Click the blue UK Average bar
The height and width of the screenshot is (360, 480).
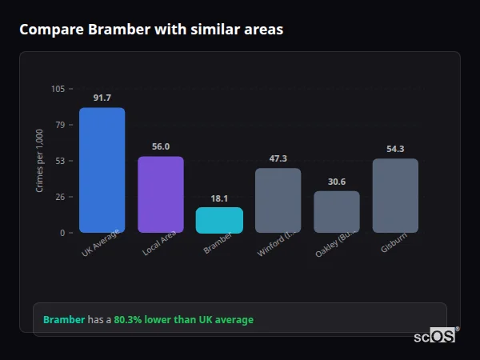tap(102, 170)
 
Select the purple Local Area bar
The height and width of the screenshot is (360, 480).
tap(161, 194)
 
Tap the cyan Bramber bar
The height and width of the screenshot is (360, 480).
tap(219, 220)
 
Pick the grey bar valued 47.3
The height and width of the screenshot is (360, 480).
tap(278, 200)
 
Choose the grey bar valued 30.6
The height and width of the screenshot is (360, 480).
tap(337, 211)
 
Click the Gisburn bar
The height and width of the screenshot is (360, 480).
tap(395, 195)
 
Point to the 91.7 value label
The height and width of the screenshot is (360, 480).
tap(102, 98)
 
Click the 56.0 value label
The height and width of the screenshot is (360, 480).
tap(161, 146)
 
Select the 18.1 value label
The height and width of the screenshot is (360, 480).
tap(219, 198)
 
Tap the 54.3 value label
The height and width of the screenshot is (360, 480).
tap(395, 149)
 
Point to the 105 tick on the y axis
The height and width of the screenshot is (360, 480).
tap(58, 89)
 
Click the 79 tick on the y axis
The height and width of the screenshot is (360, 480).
tap(60, 125)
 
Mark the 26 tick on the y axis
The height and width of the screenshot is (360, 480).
tap(60, 197)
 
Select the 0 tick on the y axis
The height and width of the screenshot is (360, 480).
tap(62, 233)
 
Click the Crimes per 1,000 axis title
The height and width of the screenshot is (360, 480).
tap(40, 161)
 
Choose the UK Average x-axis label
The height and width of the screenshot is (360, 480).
tap(100, 243)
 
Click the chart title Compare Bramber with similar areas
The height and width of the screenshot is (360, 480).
tap(151, 30)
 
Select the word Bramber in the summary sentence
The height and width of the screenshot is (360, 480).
tap(63, 319)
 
